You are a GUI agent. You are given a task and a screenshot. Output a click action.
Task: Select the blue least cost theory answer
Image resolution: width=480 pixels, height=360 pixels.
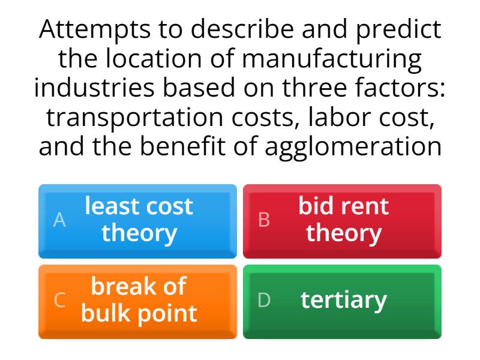[x=137, y=221]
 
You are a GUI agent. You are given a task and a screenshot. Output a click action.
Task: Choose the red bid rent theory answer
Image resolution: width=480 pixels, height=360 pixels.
[x=342, y=221]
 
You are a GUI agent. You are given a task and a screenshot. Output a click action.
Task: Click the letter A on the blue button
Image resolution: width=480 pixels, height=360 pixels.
[x=59, y=221]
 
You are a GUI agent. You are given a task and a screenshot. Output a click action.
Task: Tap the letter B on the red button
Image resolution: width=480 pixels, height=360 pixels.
[x=264, y=221]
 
